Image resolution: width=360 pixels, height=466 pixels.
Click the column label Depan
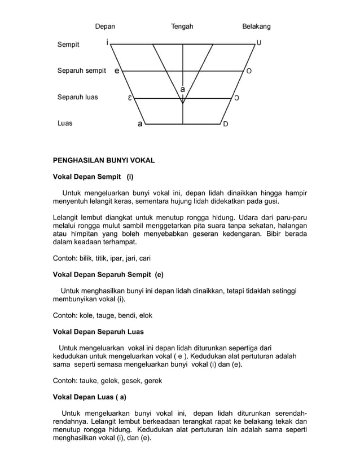105,26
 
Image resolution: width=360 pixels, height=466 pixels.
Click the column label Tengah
182,26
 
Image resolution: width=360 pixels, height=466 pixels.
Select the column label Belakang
256,26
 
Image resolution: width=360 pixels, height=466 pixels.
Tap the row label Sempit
68,45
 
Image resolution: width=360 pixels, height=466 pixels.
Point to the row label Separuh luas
77,97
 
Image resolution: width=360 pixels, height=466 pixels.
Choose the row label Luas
65,123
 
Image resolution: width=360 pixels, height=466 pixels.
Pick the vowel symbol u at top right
259,43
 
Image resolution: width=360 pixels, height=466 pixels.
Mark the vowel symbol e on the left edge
117,71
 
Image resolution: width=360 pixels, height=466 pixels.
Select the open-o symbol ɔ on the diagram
236,98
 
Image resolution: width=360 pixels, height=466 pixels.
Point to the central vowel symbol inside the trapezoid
183,89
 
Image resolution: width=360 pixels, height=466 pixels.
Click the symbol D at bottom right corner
226,124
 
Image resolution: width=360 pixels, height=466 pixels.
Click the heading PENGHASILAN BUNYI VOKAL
103,161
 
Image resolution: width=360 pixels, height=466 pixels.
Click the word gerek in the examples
152,381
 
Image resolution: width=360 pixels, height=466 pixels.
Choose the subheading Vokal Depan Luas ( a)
89,397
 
